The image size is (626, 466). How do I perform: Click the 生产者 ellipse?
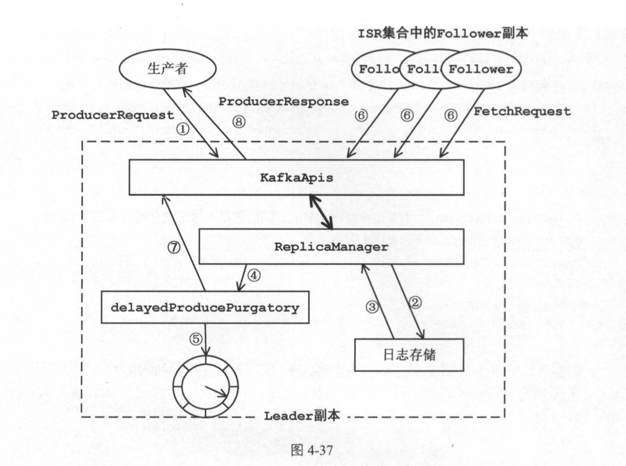(x=167, y=69)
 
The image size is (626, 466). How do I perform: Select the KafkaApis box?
(x=296, y=178)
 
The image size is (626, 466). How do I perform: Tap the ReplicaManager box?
(x=331, y=247)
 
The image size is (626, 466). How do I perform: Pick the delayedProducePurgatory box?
(x=205, y=307)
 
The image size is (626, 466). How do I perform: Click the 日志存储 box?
(x=409, y=355)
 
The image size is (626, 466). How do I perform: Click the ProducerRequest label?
(x=113, y=115)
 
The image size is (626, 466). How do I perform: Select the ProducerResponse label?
(x=284, y=102)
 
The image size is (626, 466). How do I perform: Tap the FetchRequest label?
(x=522, y=112)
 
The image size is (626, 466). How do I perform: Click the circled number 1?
(x=183, y=129)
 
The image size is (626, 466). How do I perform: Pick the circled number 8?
(x=239, y=121)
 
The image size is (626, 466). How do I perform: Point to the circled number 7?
(x=174, y=247)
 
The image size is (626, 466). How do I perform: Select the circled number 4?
(x=254, y=275)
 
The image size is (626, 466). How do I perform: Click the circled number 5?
(x=196, y=339)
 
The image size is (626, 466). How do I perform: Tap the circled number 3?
(x=372, y=306)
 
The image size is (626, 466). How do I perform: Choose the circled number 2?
(x=415, y=302)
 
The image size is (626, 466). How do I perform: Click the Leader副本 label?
(x=302, y=415)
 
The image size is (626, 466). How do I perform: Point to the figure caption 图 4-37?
(x=312, y=450)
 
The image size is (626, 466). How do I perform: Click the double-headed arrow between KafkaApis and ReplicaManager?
(x=321, y=212)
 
